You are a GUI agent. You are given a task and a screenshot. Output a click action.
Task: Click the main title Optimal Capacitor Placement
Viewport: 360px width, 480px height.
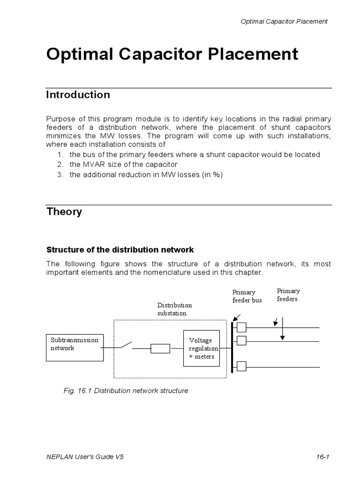point(172,54)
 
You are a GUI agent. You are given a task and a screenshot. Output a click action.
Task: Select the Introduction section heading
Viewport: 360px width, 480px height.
point(78,95)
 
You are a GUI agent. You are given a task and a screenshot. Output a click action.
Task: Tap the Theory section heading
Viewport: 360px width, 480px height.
point(64,211)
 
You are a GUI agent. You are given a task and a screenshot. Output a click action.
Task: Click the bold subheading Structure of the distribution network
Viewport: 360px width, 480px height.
point(120,249)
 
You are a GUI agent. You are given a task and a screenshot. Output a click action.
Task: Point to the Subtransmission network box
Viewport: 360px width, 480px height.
point(75,347)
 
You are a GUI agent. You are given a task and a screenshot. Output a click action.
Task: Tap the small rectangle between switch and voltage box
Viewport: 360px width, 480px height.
point(160,348)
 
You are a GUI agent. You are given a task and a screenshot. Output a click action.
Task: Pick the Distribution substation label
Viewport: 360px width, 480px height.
point(174,309)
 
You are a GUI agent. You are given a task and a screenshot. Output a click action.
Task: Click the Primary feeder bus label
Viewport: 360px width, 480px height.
point(247,296)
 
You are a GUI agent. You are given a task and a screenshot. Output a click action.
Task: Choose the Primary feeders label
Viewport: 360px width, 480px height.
point(288,294)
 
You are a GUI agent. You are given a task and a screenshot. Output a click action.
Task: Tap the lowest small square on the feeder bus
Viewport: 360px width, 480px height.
point(241,366)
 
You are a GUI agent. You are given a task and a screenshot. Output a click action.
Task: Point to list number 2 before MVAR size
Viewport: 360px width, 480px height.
point(60,165)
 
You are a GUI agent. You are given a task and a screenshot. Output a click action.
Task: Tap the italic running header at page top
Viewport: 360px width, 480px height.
point(284,22)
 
